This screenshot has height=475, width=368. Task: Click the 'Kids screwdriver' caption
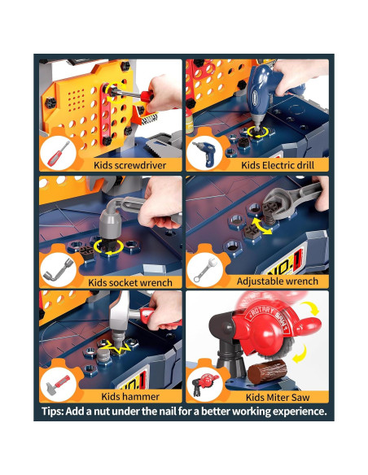click(x=129, y=165)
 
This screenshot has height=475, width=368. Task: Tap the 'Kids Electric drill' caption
click(x=278, y=165)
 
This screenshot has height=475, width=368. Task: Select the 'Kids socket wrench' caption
click(x=130, y=282)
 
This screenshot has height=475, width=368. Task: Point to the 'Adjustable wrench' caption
click(x=278, y=281)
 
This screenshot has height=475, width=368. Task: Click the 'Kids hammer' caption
click(x=130, y=397)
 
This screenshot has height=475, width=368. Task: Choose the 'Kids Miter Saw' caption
click(x=278, y=397)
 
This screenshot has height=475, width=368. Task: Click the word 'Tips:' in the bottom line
click(x=53, y=412)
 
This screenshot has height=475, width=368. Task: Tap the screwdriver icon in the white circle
click(x=58, y=154)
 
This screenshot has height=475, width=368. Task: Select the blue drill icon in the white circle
click(x=204, y=153)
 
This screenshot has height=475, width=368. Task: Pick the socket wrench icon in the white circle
click(x=58, y=269)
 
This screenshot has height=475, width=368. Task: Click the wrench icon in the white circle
click(x=205, y=269)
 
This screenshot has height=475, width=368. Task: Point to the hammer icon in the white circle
click(x=58, y=384)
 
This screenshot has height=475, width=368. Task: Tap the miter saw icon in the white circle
click(x=205, y=384)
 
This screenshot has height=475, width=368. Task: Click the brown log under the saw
click(x=267, y=372)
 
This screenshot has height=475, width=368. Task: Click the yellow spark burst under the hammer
click(x=120, y=348)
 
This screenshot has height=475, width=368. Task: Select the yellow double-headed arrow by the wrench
click(x=262, y=226)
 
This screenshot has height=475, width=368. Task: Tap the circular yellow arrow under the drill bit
click(x=257, y=132)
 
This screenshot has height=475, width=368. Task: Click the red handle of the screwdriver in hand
click(x=147, y=96)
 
